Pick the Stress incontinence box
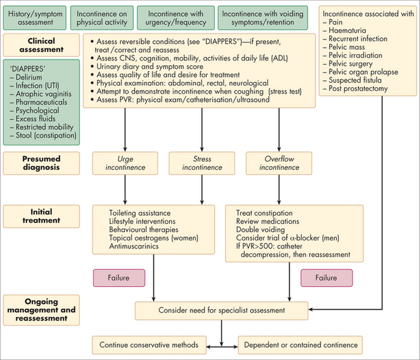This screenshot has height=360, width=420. tap(192, 162)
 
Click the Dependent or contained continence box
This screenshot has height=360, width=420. tap(299, 343)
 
